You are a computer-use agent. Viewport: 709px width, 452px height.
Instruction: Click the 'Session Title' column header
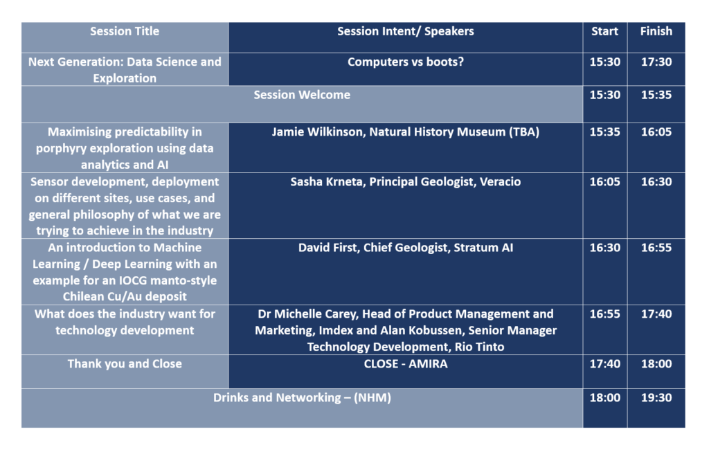pyautogui.click(x=125, y=31)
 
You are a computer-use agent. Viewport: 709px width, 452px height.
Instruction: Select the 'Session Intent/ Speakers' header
pyautogui.click(x=406, y=31)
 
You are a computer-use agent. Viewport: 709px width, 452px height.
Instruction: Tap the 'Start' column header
pyautogui.click(x=604, y=31)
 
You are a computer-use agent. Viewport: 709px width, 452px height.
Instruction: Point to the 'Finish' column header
pyautogui.click(x=656, y=31)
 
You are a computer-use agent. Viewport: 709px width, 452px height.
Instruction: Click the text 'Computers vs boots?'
pyautogui.click(x=406, y=62)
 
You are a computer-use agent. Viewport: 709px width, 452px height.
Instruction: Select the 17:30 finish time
pyautogui.click(x=656, y=62)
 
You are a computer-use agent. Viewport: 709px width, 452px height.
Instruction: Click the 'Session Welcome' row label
pyautogui.click(x=302, y=95)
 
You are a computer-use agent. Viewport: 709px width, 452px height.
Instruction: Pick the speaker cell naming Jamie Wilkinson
pyautogui.click(x=406, y=132)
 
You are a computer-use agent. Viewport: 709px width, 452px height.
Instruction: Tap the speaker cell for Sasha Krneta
pyautogui.click(x=406, y=182)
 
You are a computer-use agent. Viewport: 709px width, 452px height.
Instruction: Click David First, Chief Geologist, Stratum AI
pyautogui.click(x=406, y=248)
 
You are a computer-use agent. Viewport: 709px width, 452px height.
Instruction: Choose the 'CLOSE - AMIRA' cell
pyautogui.click(x=406, y=364)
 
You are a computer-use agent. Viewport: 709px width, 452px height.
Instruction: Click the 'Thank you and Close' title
pyautogui.click(x=125, y=364)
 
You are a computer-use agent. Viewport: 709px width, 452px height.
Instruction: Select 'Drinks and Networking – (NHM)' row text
pyautogui.click(x=302, y=398)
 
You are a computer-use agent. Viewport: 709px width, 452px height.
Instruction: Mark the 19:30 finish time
pyautogui.click(x=656, y=398)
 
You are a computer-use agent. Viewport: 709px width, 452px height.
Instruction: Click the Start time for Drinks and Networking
pyautogui.click(x=604, y=398)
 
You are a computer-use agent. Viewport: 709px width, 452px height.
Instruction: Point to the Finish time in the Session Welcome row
pyautogui.click(x=656, y=95)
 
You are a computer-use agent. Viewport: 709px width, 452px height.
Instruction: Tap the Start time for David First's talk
pyautogui.click(x=604, y=248)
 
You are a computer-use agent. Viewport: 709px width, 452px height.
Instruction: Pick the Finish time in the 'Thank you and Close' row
pyautogui.click(x=656, y=364)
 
